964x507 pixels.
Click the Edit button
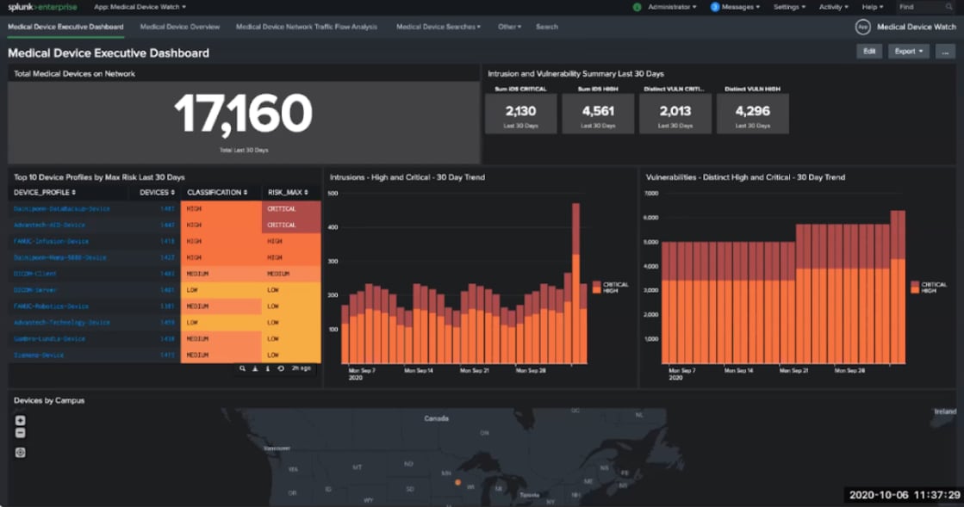pyautogui.click(x=870, y=52)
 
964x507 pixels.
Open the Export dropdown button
pyautogui.click(x=909, y=52)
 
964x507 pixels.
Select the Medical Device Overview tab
pyautogui.click(x=180, y=27)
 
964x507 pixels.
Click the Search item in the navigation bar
pyautogui.click(x=546, y=27)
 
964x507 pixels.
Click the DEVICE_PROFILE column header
pyautogui.click(x=44, y=192)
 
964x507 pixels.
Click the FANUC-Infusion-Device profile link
pyautogui.click(x=51, y=241)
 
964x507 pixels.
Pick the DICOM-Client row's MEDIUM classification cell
pyautogui.click(x=221, y=274)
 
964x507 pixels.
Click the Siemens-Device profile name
pyautogui.click(x=39, y=355)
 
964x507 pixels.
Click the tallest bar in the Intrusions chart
pyautogui.click(x=575, y=284)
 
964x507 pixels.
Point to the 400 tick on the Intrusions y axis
pyautogui.click(x=333, y=227)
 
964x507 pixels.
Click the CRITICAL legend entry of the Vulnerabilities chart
pyautogui.click(x=933, y=284)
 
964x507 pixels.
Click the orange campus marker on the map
pyautogui.click(x=458, y=482)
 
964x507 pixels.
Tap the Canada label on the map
pyautogui.click(x=437, y=418)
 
